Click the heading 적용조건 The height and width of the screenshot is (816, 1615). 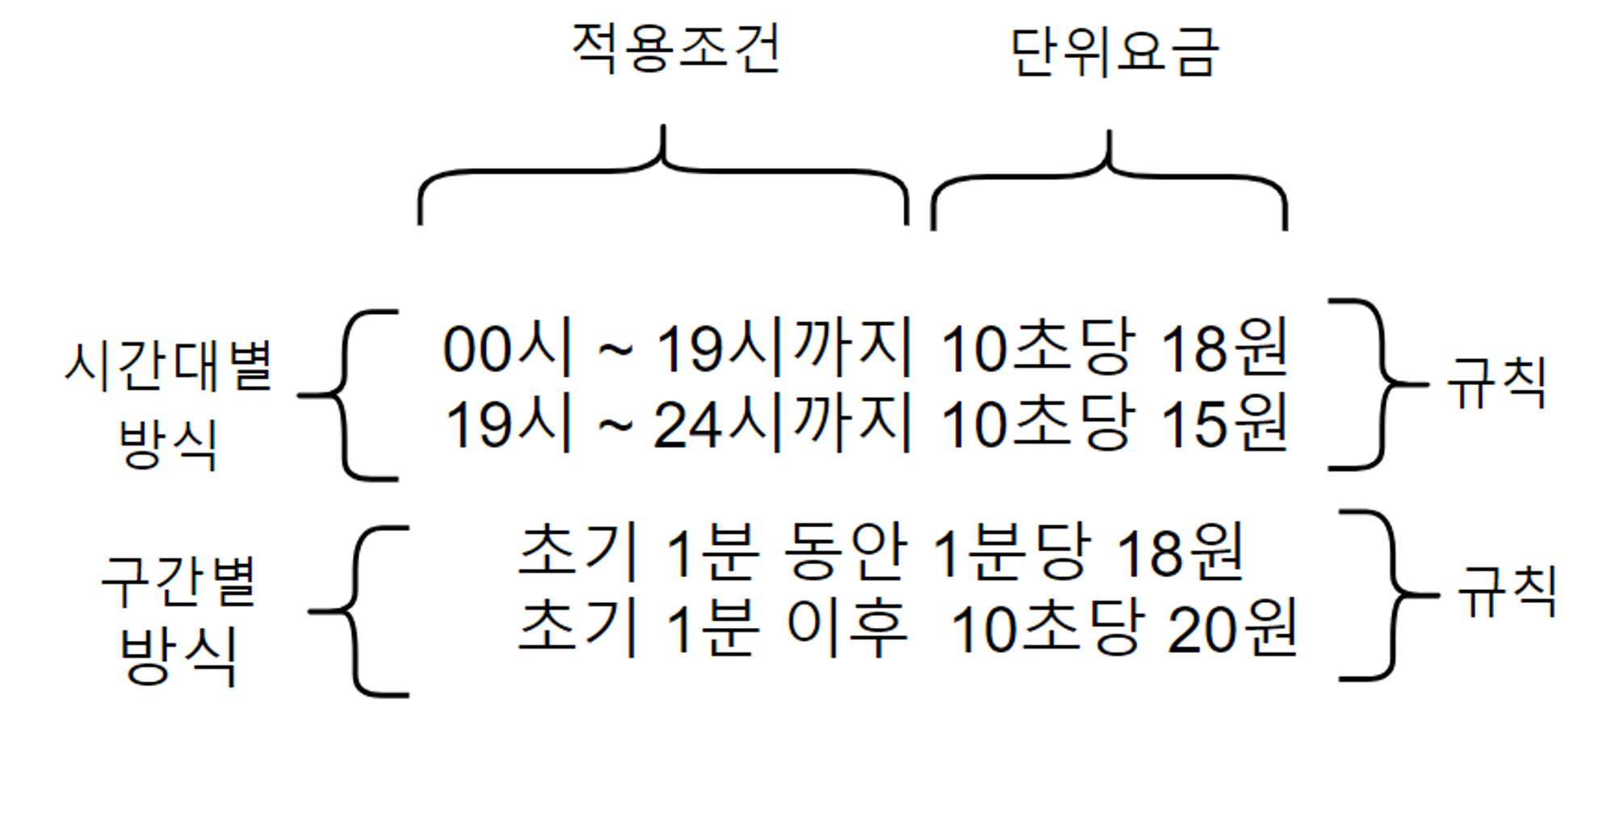675,48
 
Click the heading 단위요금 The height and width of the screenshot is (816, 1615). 1114,52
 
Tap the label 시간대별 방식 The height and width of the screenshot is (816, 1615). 169,404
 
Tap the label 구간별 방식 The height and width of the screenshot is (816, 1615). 178,618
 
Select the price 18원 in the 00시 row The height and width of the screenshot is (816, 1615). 1223,348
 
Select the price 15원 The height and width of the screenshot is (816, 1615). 1223,423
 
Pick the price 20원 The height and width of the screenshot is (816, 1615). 1231,629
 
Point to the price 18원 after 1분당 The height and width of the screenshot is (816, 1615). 1179,553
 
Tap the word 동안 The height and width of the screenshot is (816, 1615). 845,553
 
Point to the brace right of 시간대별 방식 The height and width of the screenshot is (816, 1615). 347,395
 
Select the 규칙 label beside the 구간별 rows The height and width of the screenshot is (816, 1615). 1507,591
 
